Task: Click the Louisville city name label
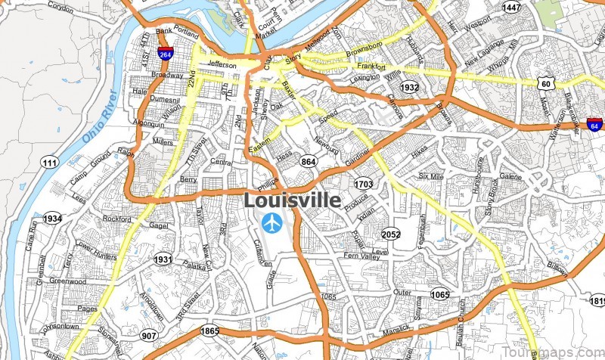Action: pyautogui.click(x=292, y=200)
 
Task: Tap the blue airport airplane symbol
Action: pyautogui.click(x=271, y=223)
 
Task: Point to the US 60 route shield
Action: pyautogui.click(x=545, y=82)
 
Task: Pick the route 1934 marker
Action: pyautogui.click(x=52, y=219)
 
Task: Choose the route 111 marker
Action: pyautogui.click(x=50, y=163)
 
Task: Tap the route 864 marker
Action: pyautogui.click(x=309, y=161)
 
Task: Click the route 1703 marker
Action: pyautogui.click(x=363, y=184)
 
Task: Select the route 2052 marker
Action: pyautogui.click(x=391, y=234)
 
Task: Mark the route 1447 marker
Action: pyautogui.click(x=512, y=8)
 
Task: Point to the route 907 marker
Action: pyautogui.click(x=150, y=336)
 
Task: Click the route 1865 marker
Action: pyautogui.click(x=210, y=331)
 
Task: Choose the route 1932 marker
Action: pyautogui.click(x=409, y=88)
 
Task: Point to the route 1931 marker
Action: pyautogui.click(x=163, y=259)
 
